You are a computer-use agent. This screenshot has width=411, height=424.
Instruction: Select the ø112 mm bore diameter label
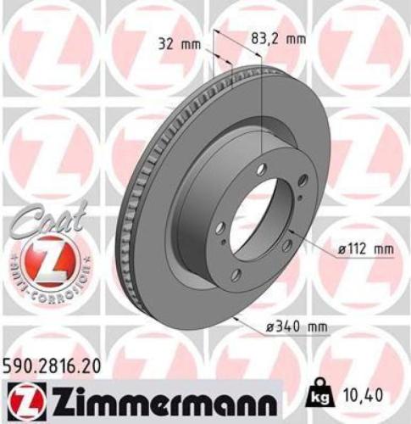click(x=366, y=250)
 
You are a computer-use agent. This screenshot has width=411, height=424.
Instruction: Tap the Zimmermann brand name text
click(x=160, y=397)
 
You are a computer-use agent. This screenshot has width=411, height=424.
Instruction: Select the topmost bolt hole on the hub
click(x=265, y=169)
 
